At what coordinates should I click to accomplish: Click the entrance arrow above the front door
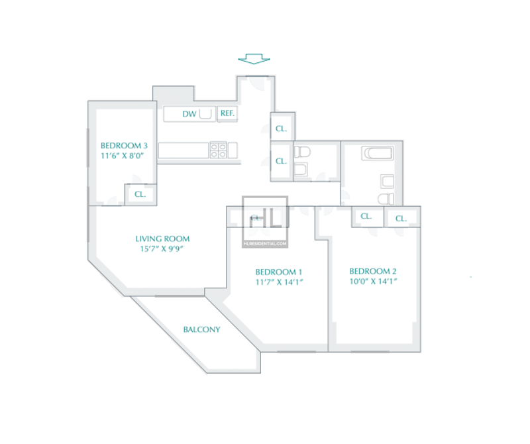(x=254, y=59)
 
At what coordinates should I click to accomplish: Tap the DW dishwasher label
(x=189, y=114)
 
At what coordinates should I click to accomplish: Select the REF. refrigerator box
(x=227, y=113)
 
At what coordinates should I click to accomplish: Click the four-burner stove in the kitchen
(x=218, y=150)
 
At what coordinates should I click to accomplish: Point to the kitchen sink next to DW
(x=205, y=113)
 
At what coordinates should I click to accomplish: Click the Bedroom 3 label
(x=124, y=146)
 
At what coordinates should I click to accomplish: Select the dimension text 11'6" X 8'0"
(x=123, y=156)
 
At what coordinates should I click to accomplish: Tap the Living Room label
(x=162, y=239)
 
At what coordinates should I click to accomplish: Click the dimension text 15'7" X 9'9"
(x=162, y=249)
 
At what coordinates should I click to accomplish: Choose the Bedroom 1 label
(x=279, y=272)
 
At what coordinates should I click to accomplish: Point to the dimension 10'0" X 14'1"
(x=373, y=282)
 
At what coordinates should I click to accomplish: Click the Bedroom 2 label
(x=373, y=271)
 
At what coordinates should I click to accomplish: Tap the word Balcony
(x=202, y=329)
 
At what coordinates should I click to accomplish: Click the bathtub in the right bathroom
(x=378, y=153)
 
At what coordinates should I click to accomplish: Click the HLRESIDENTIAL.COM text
(x=265, y=243)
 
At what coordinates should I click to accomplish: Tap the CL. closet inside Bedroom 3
(x=140, y=194)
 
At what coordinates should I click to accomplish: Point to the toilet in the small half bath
(x=302, y=152)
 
